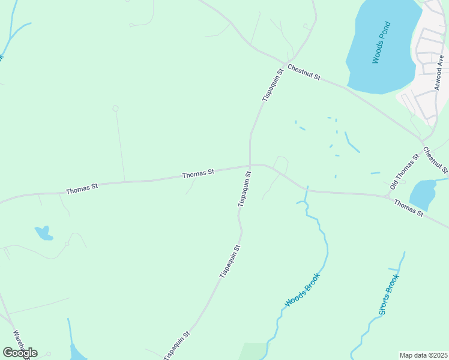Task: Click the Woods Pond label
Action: pos(382,43)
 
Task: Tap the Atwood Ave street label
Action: pos(440,74)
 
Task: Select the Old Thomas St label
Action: pos(403,172)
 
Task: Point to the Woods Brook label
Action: pos(303,290)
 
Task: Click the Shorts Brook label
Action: pos(388,294)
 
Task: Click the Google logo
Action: pos(20,353)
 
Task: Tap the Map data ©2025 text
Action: pos(423,355)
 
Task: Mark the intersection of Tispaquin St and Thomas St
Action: pos(250,166)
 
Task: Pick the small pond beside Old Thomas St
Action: pos(423,194)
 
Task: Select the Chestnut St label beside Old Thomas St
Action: pos(435,160)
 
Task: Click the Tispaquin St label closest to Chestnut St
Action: pos(271,85)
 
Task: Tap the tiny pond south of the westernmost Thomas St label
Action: pos(43,232)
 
